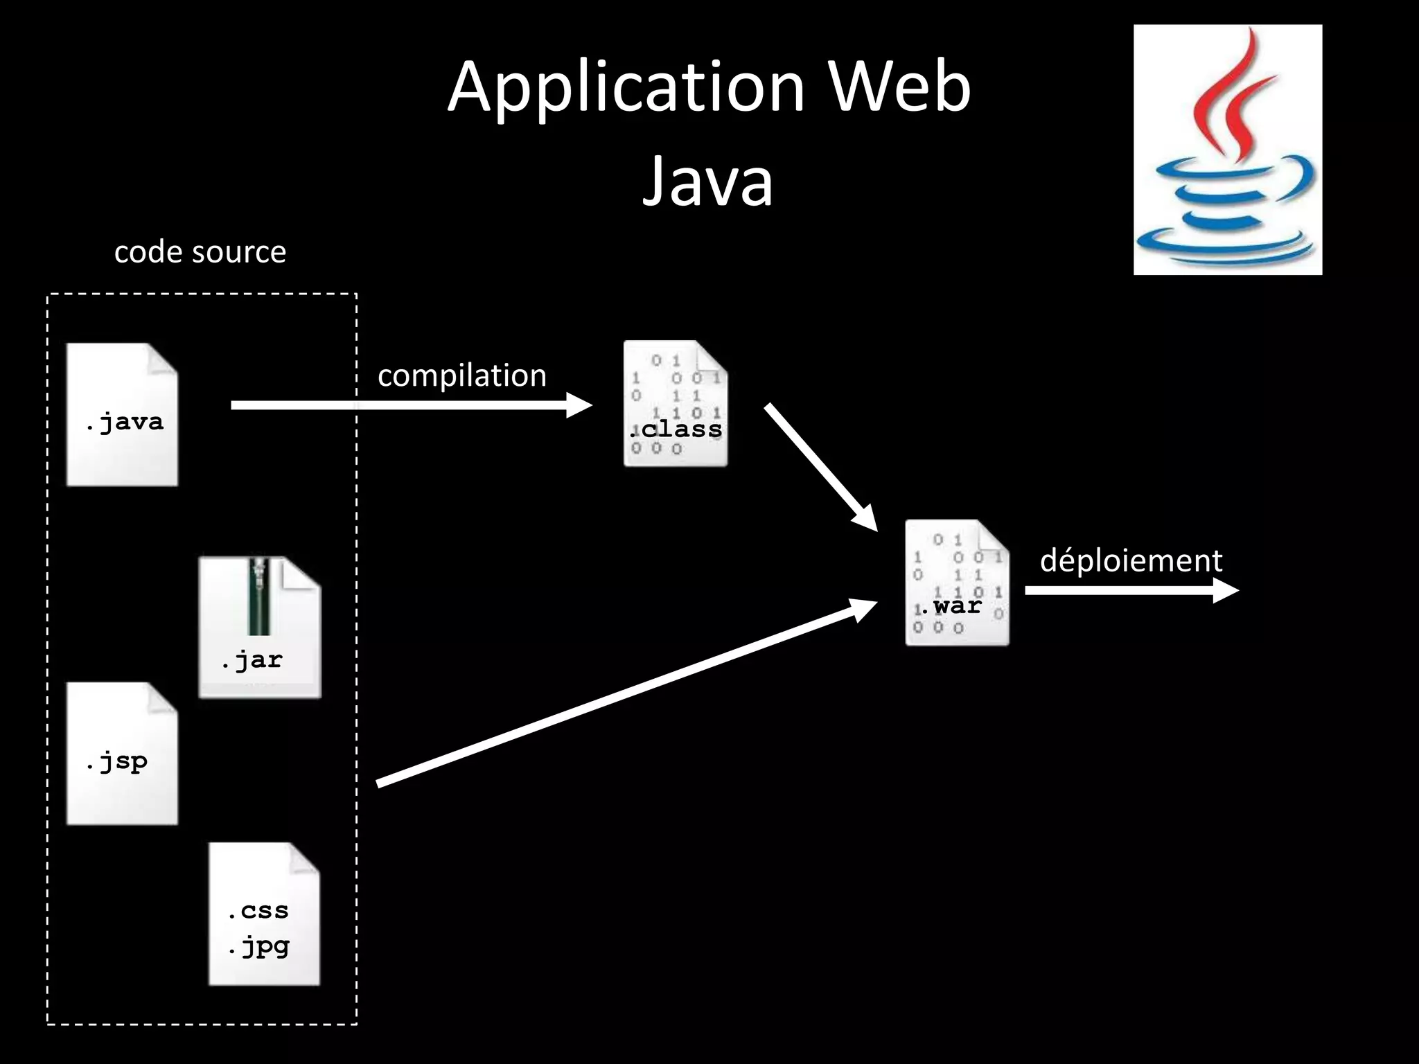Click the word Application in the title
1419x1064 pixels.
626,88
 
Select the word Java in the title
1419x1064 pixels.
707,181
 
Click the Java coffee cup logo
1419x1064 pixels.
1227,150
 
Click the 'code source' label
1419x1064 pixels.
200,251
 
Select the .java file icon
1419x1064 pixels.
122,414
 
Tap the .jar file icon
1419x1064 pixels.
260,628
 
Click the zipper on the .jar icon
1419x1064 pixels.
259,596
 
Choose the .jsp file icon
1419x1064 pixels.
122,754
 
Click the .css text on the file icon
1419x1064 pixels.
258,910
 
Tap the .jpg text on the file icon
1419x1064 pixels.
258,946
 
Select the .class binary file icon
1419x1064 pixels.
675,403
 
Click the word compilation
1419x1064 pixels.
461,375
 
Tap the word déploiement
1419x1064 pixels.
1131,560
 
